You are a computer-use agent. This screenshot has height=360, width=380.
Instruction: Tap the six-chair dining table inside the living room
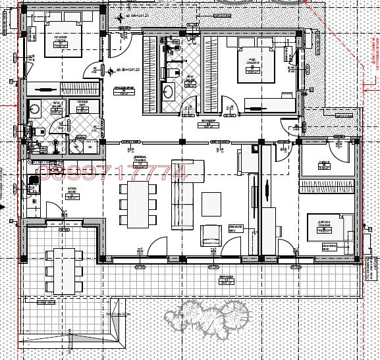pyautogui.click(x=138, y=205)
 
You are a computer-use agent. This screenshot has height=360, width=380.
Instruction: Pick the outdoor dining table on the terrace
pyautogui.click(x=63, y=270)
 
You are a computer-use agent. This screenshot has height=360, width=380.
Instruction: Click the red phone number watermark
pyautogui.click(x=113, y=173)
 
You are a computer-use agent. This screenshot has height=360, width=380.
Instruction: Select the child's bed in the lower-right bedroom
pyautogui.click(x=333, y=234)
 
